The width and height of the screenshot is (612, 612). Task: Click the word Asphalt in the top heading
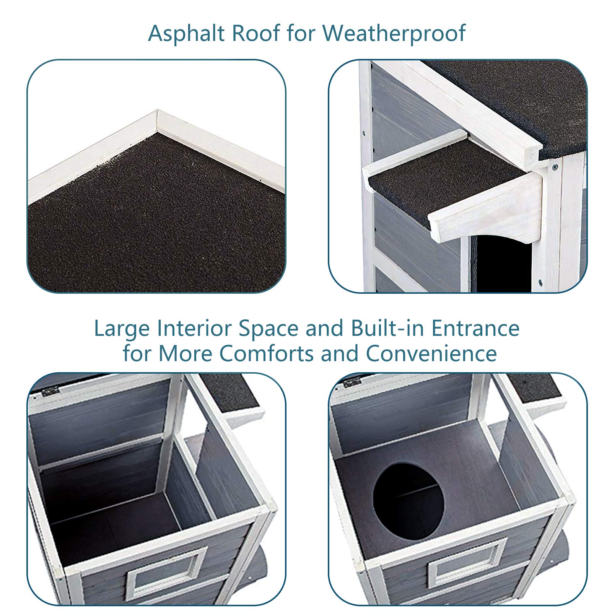[187, 33]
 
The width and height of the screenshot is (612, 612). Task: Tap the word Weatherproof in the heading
[394, 33]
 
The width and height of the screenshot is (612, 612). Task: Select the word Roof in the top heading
[256, 33]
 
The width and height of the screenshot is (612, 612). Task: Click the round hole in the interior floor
[409, 496]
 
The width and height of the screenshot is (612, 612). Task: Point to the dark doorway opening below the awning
[504, 264]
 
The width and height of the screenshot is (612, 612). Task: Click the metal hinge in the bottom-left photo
[50, 391]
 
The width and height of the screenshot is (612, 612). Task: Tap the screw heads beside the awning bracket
[554, 166]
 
